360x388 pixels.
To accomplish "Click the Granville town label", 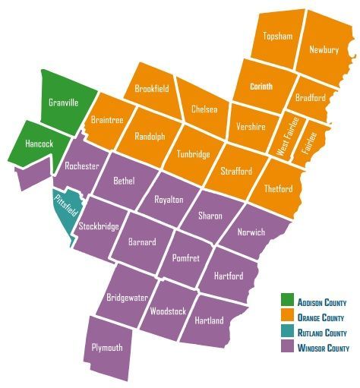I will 63,103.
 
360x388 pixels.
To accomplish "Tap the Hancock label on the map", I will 39,142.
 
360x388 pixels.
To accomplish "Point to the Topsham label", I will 277,36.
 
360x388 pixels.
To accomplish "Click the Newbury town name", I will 324,49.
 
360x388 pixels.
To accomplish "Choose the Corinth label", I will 261,87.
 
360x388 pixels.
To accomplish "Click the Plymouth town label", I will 106,347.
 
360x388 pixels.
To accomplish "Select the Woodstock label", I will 168,311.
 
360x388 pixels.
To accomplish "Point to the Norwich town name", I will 251,232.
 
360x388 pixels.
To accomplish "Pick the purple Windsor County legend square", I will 287,348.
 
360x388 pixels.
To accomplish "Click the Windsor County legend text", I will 324,348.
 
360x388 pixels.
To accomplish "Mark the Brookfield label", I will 152,89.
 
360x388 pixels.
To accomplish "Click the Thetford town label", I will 277,188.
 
